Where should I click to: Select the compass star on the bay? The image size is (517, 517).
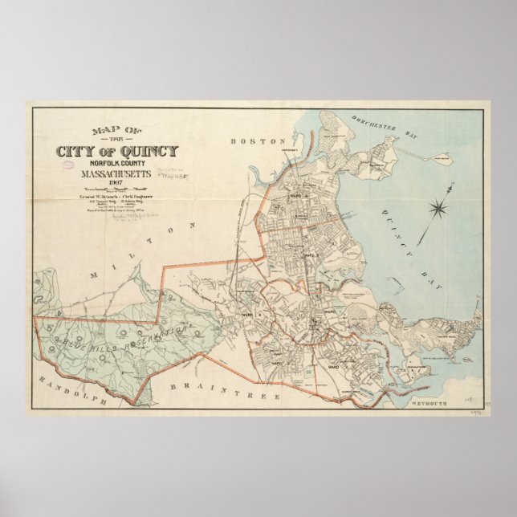coord(440,210)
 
